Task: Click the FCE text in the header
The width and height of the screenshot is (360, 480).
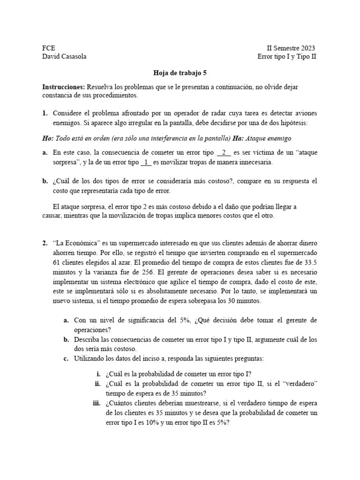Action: pos(48,48)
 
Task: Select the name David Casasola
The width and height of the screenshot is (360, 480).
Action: pos(64,57)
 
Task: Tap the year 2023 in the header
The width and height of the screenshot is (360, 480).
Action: pos(305,48)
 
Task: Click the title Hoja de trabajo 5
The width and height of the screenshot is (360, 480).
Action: pos(180,73)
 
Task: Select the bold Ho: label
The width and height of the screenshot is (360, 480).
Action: pos(48,138)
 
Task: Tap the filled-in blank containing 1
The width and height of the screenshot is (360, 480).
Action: pos(146,162)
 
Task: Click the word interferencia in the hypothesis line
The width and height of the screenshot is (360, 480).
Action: pos(154,138)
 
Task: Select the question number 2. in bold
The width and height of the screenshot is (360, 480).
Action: pos(45,243)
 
